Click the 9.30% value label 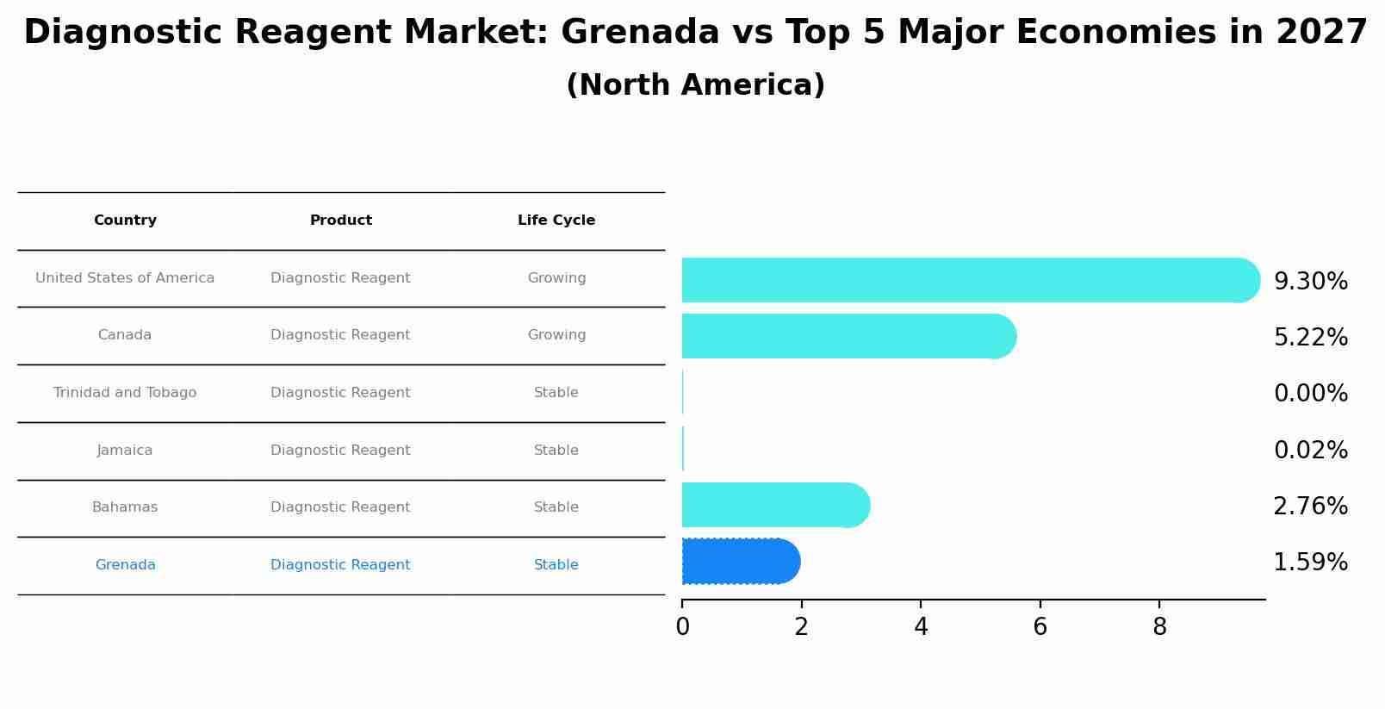click(x=1310, y=282)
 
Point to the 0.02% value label click(x=1310, y=451)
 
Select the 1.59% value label click(x=1310, y=563)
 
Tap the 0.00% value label click(x=1310, y=394)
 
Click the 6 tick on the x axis click(x=1040, y=627)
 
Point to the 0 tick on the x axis click(x=682, y=627)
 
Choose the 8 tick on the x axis click(x=1159, y=627)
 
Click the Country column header click(x=125, y=221)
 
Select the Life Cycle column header click(x=556, y=221)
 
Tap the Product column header click(x=341, y=221)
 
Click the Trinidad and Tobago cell click(x=125, y=393)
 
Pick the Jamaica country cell click(x=125, y=451)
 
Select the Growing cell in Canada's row click(x=556, y=335)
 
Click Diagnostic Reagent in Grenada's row click(x=340, y=565)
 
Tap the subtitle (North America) click(x=695, y=85)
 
